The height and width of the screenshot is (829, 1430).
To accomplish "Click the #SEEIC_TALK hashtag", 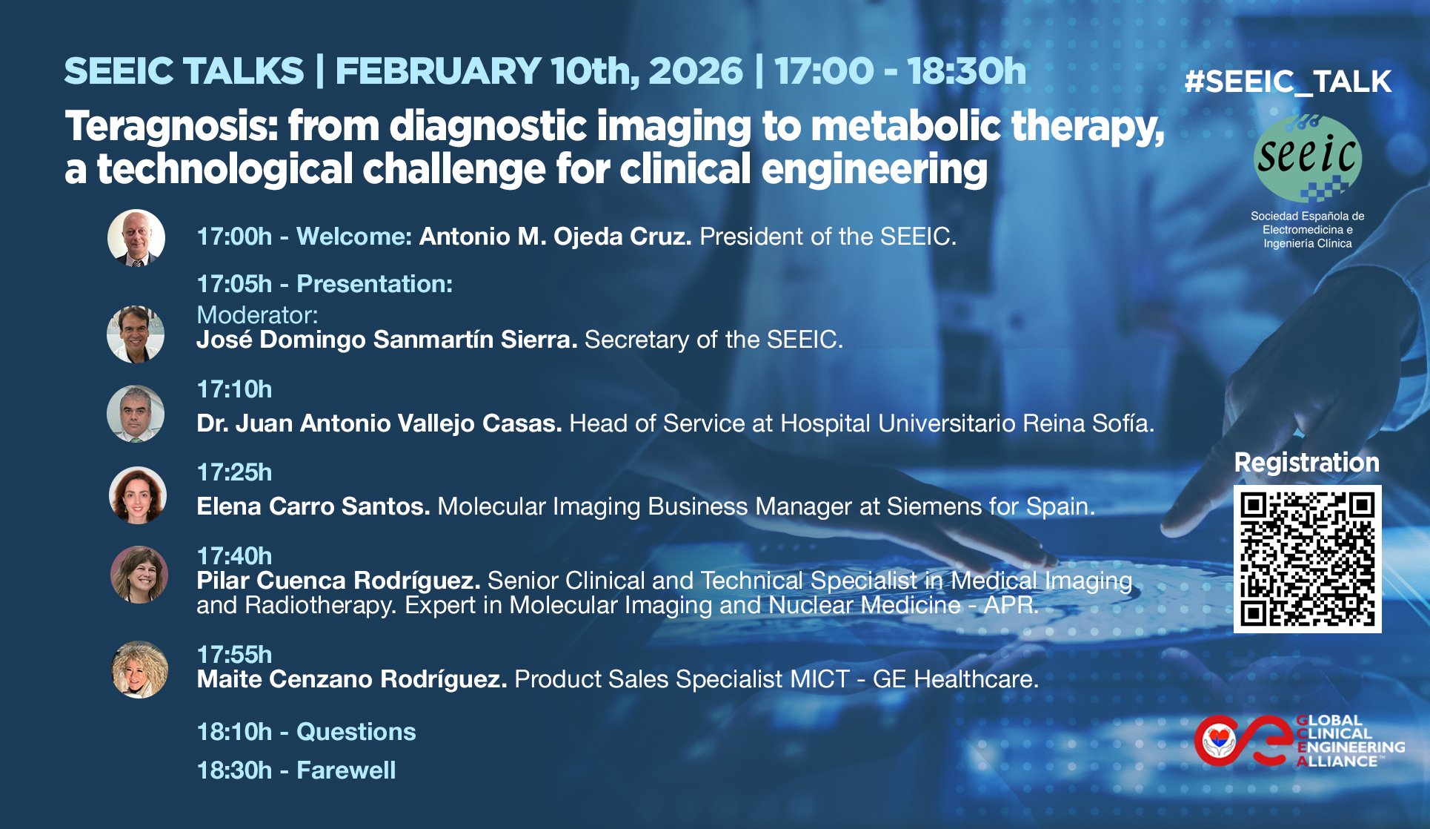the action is pyautogui.click(x=1288, y=82).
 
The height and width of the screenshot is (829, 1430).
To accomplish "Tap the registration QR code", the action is pyautogui.click(x=1307, y=559).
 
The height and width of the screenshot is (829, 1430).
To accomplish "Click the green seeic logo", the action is pyautogui.click(x=1308, y=158).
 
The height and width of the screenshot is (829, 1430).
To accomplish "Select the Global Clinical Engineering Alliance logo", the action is pyautogui.click(x=1300, y=740).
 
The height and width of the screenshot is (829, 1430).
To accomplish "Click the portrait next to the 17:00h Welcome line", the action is pyautogui.click(x=136, y=237).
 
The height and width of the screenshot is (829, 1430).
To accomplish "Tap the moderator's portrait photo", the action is pyautogui.click(x=136, y=334).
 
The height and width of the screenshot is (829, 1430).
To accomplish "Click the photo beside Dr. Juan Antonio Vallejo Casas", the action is pyautogui.click(x=136, y=414).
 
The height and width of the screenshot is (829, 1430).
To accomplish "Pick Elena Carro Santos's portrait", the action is pyautogui.click(x=138, y=495).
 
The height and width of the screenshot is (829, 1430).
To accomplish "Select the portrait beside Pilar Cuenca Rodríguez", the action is pyautogui.click(x=139, y=575).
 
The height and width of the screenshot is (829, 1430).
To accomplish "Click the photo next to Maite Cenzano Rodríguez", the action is pyautogui.click(x=139, y=670).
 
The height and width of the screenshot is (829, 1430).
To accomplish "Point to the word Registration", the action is pyautogui.click(x=1307, y=463).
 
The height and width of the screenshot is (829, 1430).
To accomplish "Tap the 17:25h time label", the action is pyautogui.click(x=234, y=472).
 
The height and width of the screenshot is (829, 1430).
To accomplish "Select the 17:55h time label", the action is pyautogui.click(x=234, y=655).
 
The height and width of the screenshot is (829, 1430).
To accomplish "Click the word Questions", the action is pyautogui.click(x=356, y=732).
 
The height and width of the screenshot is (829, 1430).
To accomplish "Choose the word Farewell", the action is pyautogui.click(x=346, y=770).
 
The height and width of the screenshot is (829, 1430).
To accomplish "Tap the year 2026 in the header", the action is pyautogui.click(x=696, y=71).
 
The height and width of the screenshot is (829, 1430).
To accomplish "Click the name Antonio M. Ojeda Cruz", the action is pyautogui.click(x=555, y=237).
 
